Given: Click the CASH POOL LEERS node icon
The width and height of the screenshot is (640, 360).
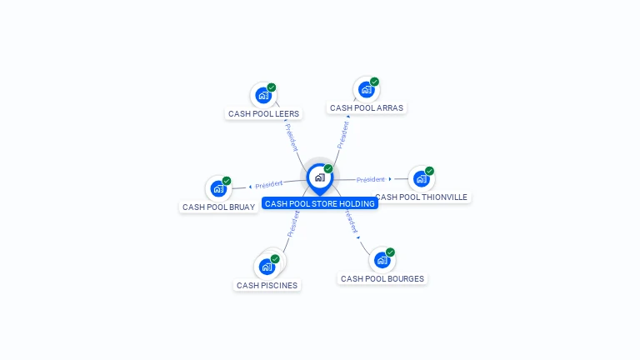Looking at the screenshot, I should (x=263, y=95).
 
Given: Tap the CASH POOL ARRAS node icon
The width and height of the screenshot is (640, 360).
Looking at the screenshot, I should (x=366, y=89).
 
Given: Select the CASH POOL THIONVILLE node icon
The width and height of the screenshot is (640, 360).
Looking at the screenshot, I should (x=421, y=178).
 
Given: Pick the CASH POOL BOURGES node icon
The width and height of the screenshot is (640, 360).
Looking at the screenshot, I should (x=382, y=260).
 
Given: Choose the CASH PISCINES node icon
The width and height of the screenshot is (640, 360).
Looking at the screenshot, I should (x=267, y=267).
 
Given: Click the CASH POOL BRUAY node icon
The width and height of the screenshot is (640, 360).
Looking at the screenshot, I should (x=218, y=188).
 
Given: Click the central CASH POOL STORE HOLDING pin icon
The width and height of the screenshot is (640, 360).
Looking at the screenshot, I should (x=319, y=177).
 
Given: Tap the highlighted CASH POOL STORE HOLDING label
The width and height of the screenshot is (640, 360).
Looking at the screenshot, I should (x=320, y=203).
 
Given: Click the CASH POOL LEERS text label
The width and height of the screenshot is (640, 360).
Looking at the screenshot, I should (x=263, y=113).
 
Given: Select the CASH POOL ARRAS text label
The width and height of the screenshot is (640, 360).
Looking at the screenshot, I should (x=367, y=108).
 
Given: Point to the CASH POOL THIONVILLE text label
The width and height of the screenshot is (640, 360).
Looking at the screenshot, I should (x=422, y=197).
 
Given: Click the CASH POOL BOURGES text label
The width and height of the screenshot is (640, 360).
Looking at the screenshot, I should (x=382, y=279).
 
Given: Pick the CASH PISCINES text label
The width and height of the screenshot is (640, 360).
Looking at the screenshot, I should (x=267, y=285).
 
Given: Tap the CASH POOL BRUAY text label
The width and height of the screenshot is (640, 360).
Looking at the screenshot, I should (x=218, y=207).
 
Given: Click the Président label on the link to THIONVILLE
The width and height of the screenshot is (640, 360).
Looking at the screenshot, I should (x=371, y=179).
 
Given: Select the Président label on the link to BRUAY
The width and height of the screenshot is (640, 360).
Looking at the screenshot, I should (x=269, y=184).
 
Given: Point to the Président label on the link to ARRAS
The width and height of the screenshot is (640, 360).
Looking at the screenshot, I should (x=342, y=134).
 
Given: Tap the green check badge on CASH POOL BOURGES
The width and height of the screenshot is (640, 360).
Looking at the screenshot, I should (x=390, y=252).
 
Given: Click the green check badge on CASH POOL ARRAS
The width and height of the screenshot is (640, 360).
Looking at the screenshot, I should (x=374, y=82).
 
